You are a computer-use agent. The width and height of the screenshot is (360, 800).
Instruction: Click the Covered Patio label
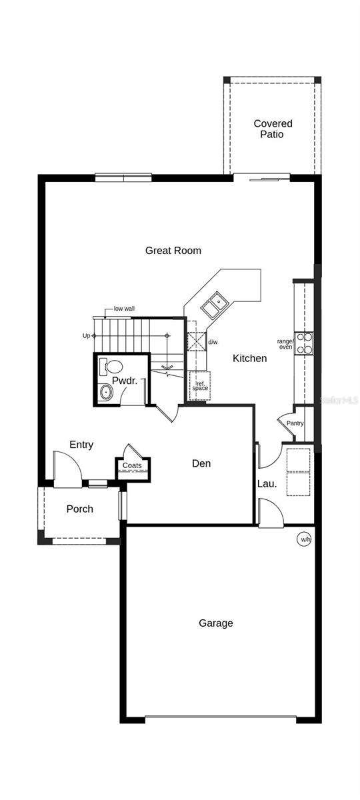click(273, 129)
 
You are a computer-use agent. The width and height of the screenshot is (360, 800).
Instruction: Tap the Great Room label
click(173, 251)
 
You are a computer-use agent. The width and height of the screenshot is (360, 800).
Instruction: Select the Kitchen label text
click(249, 359)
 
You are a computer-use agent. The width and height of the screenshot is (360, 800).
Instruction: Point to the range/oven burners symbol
click(304, 343)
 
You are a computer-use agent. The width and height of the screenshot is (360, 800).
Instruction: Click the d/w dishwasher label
click(213, 342)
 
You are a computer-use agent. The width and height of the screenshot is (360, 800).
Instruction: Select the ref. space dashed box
click(200, 386)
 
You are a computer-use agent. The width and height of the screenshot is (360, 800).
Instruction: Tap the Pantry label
click(295, 423)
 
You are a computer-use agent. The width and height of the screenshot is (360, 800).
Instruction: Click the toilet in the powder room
click(111, 366)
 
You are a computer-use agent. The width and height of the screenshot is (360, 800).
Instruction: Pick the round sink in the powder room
click(106, 392)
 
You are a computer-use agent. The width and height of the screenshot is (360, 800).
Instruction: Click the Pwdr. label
click(124, 381)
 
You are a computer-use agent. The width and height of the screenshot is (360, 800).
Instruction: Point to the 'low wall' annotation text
click(124, 309)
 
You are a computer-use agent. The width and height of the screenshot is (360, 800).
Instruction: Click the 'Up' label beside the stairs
click(86, 335)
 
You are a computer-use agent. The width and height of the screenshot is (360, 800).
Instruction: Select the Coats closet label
click(132, 465)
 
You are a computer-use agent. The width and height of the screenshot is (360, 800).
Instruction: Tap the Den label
click(201, 463)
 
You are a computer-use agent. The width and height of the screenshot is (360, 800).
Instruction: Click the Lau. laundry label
click(267, 483)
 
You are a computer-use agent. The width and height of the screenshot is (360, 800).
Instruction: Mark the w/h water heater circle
click(304, 539)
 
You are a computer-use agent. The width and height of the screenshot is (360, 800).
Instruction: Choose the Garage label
click(216, 623)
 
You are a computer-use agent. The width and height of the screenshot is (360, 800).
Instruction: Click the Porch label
click(79, 509)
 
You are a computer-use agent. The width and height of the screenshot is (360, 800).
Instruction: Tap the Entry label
click(81, 445)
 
